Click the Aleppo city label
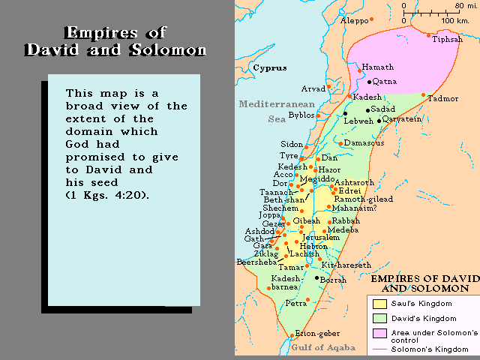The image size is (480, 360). coord(356,20)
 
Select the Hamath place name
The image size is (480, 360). coord(379,67)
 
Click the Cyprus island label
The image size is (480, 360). coord(269,68)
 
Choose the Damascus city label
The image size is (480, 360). coord(365,143)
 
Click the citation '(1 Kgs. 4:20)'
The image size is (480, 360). coord(106,195)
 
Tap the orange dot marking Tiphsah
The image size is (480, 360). coord(428,35)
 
